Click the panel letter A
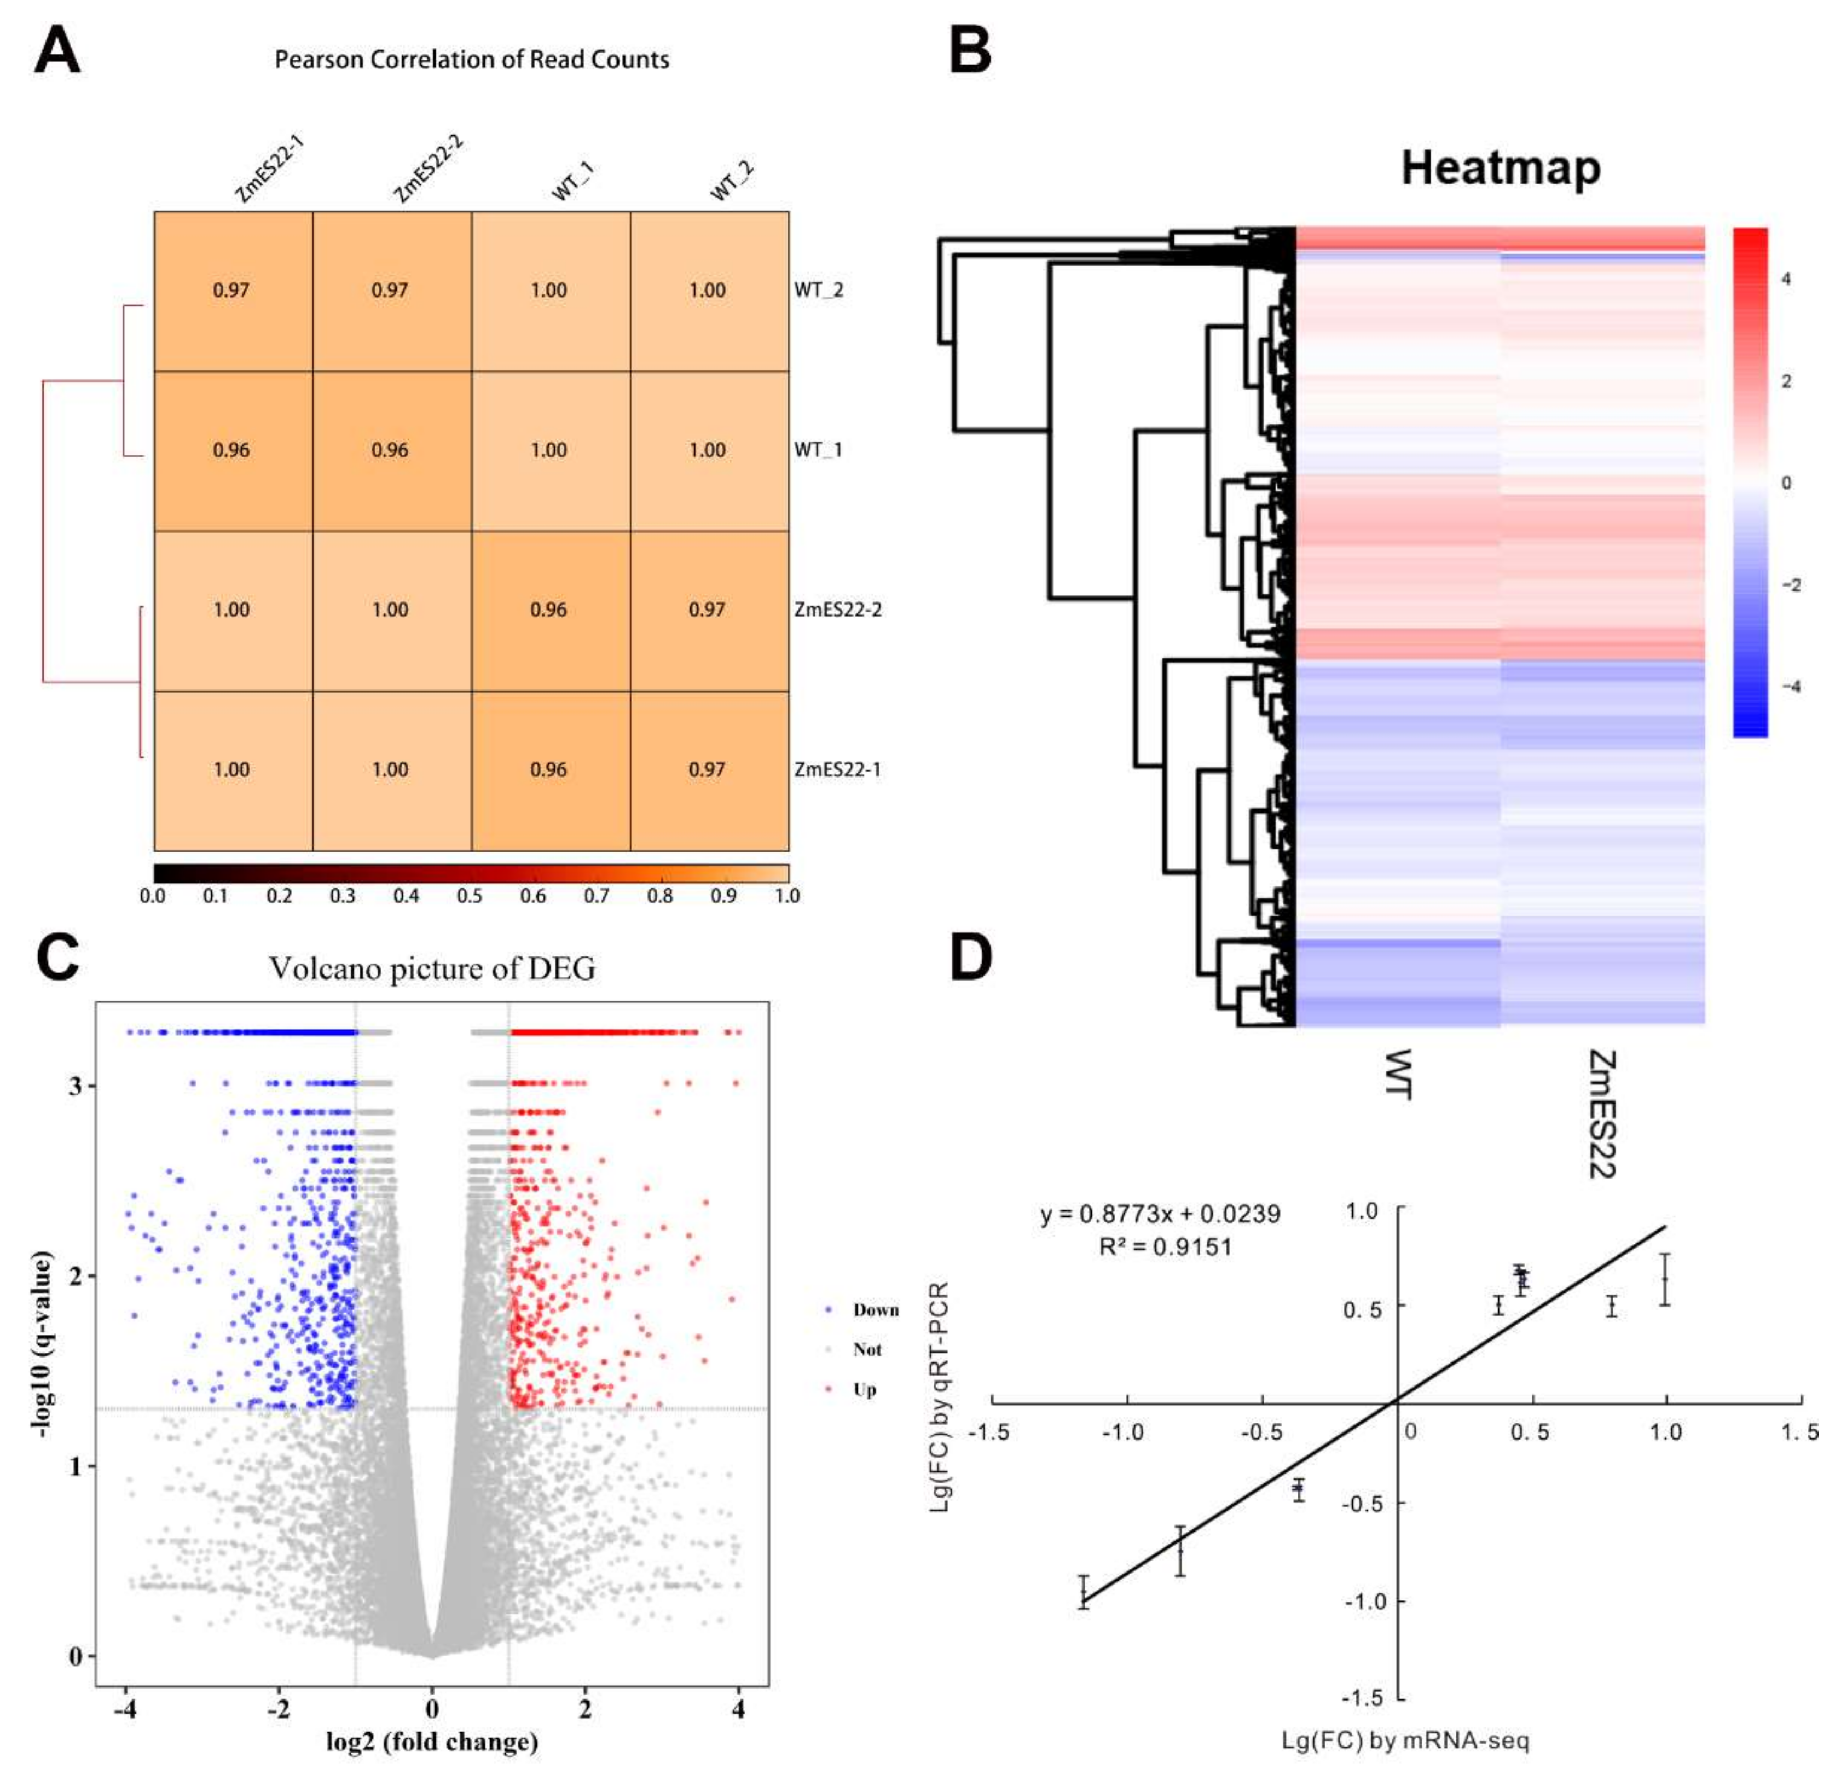point(56,51)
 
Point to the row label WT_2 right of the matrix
point(818,290)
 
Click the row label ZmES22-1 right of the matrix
point(837,770)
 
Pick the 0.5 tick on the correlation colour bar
point(470,896)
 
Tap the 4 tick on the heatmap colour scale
point(1786,279)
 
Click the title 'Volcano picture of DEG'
point(432,968)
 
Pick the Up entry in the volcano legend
point(864,1389)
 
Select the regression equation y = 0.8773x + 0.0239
point(1159,1214)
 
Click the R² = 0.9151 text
point(1164,1247)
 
